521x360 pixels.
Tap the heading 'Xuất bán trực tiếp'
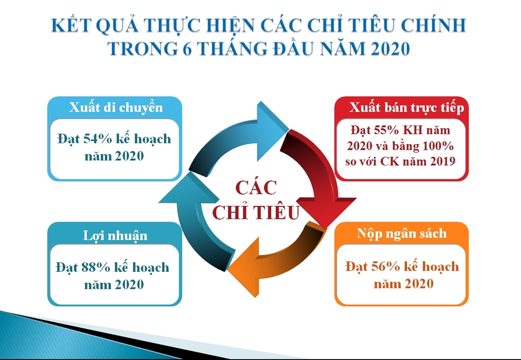click(x=407, y=108)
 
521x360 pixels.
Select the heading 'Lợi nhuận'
click(x=115, y=235)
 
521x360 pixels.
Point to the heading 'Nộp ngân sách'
click(x=402, y=234)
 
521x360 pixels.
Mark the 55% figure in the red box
click(x=386, y=130)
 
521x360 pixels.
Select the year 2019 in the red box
click(x=443, y=161)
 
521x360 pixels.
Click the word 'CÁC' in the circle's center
click(x=256, y=188)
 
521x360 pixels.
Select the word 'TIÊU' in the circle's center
click(x=278, y=213)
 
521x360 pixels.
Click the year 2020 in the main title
click(x=390, y=48)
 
